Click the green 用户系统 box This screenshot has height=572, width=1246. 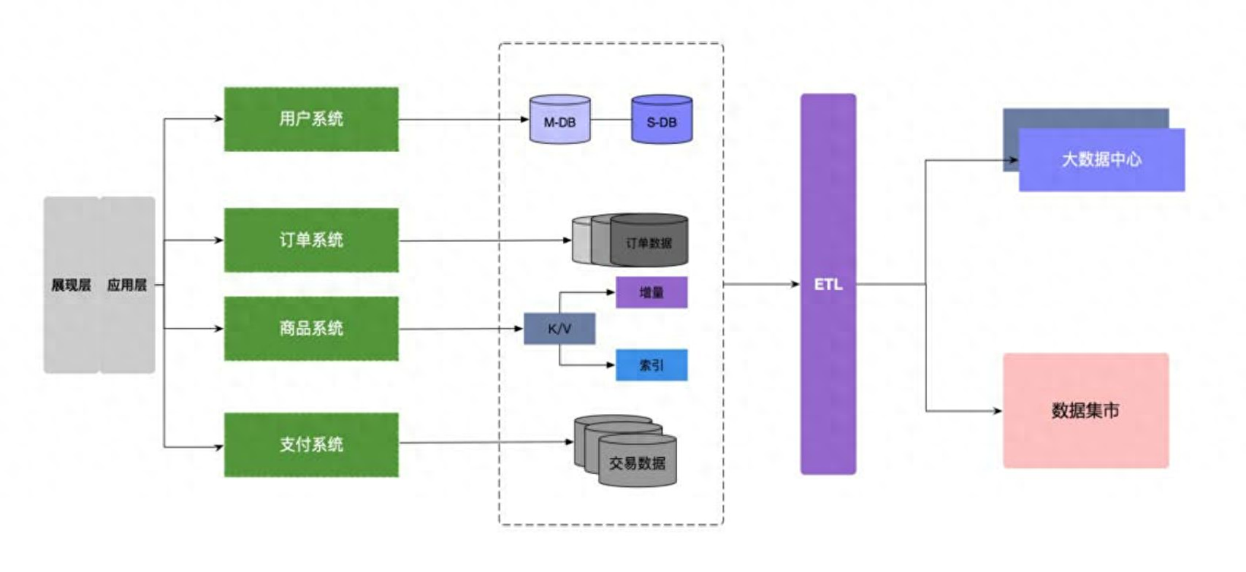pyautogui.click(x=311, y=119)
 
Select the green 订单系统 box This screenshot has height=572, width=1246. pyautogui.click(x=311, y=240)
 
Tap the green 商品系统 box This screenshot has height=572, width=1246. pyautogui.click(x=311, y=328)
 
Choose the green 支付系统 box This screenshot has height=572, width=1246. pyautogui.click(x=311, y=444)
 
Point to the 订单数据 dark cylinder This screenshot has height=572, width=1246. pyautogui.click(x=649, y=241)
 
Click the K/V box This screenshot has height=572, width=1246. pyautogui.click(x=559, y=329)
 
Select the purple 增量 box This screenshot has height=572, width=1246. pyautogui.click(x=651, y=292)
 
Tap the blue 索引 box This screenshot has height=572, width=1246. pyautogui.click(x=651, y=365)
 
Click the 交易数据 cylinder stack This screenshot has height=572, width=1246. pyautogui.click(x=637, y=461)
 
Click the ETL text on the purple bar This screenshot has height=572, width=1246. pyautogui.click(x=828, y=284)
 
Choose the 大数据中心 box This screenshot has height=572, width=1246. pyautogui.click(x=1101, y=159)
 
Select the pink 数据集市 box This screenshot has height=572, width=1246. pyautogui.click(x=1085, y=411)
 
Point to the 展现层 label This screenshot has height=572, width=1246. pyautogui.click(x=71, y=285)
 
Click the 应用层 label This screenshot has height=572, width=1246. pyautogui.click(x=127, y=285)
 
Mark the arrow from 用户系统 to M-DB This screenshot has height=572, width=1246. pyautogui.click(x=463, y=120)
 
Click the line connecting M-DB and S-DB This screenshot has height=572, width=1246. pyautogui.click(x=611, y=120)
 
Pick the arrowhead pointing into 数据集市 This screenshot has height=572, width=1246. pyautogui.click(x=997, y=411)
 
